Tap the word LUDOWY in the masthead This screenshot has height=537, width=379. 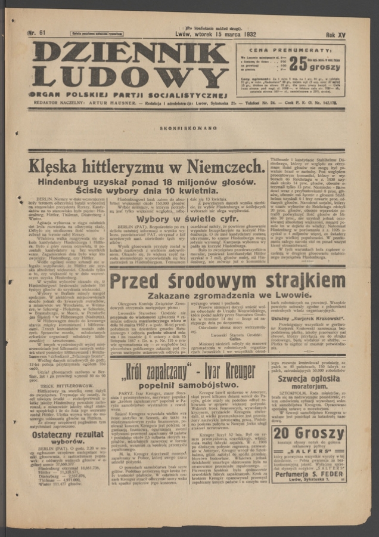[130, 76]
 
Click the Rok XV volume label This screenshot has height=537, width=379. [335, 35]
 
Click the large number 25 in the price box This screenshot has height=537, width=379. [298, 64]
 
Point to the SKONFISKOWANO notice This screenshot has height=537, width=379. [188, 128]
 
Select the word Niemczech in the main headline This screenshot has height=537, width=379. [225, 166]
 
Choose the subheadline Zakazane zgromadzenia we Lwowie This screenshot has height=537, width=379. [226, 296]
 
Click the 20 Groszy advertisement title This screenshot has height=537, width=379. [308, 434]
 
